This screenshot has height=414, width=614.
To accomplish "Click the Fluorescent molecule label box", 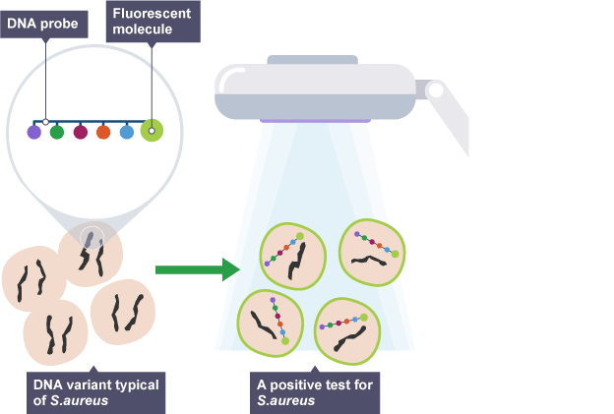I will click(153, 21).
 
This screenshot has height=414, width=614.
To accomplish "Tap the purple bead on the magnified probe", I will click(33, 131).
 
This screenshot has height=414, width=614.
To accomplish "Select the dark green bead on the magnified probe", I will click(57, 131).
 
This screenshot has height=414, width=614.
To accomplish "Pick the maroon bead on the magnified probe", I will click(81, 131).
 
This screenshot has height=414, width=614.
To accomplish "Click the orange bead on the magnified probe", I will click(103, 131).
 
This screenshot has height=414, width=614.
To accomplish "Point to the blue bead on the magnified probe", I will click(126, 131).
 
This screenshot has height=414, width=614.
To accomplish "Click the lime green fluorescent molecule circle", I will click(152, 130).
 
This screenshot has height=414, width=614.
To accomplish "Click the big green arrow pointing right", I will click(197, 268).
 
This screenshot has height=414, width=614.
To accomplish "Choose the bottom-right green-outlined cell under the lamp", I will click(347, 329).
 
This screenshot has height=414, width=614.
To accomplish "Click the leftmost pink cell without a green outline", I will click(31, 278).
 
